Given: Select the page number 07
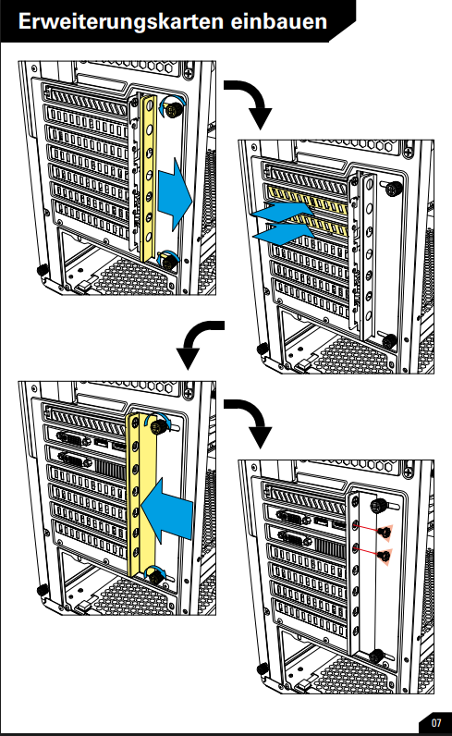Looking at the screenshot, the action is pos(436,722).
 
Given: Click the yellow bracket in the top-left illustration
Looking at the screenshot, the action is pos(148,178).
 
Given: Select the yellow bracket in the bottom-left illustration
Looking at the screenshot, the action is pos(140,496).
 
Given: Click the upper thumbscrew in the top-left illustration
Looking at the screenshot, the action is pos(173,108).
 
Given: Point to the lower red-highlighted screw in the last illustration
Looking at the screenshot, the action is pos(385,557).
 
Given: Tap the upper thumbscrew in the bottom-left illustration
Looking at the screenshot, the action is pos(159,426).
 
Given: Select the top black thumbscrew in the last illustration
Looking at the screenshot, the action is pos(378,506).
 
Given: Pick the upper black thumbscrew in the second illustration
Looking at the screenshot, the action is pos(394,190).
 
